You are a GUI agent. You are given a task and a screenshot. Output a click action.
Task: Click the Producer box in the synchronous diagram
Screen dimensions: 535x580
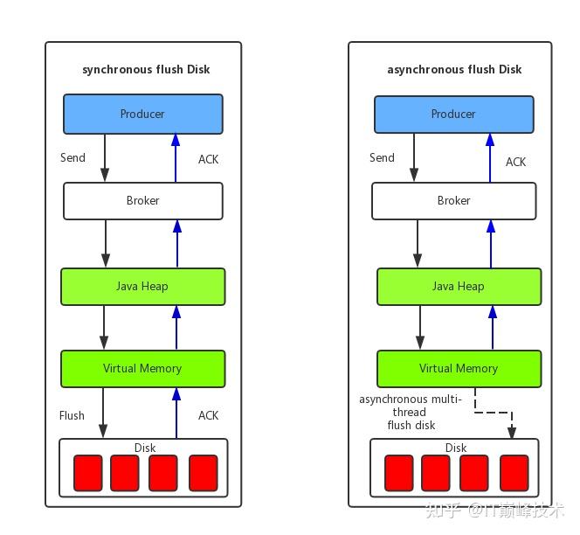[x=142, y=115]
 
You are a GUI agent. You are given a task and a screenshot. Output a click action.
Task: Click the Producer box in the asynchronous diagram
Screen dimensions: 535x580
[x=453, y=115]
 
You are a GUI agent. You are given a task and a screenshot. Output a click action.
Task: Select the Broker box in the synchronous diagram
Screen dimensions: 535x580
[x=142, y=201]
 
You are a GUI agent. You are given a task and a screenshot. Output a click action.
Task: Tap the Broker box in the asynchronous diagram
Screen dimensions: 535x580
[x=453, y=201]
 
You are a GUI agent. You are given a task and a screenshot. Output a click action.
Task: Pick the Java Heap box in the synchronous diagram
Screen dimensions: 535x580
[x=142, y=287]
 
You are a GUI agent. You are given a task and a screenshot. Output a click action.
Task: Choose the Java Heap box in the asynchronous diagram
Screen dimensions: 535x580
[x=459, y=287]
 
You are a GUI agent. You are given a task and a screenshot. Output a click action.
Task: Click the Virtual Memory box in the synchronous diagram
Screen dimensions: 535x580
[x=142, y=369]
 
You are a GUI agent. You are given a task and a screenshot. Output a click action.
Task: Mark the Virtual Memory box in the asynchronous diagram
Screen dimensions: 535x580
[x=459, y=369]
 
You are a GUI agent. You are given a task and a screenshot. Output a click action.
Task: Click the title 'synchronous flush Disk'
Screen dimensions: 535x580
[x=146, y=69]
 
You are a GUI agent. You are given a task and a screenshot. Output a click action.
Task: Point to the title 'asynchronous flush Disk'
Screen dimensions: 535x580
[x=454, y=69]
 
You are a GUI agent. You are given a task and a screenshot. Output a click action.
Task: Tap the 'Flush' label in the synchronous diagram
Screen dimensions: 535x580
[x=72, y=415]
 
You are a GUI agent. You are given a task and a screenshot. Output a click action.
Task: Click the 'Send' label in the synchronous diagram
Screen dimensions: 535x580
[x=72, y=158]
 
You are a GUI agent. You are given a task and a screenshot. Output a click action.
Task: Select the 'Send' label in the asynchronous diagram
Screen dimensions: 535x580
[x=382, y=158]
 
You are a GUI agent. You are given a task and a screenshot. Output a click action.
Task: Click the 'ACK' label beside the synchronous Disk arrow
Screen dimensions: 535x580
[x=208, y=415]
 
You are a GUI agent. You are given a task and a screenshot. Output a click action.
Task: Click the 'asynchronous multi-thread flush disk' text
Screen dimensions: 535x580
[x=411, y=412]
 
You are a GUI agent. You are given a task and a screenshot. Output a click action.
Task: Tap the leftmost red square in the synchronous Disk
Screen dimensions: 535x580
[x=87, y=473]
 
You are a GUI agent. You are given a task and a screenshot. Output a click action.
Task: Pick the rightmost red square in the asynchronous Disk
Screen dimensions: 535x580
[x=514, y=473]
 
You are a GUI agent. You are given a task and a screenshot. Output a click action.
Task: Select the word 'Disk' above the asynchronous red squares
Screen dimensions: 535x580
[x=456, y=448]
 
